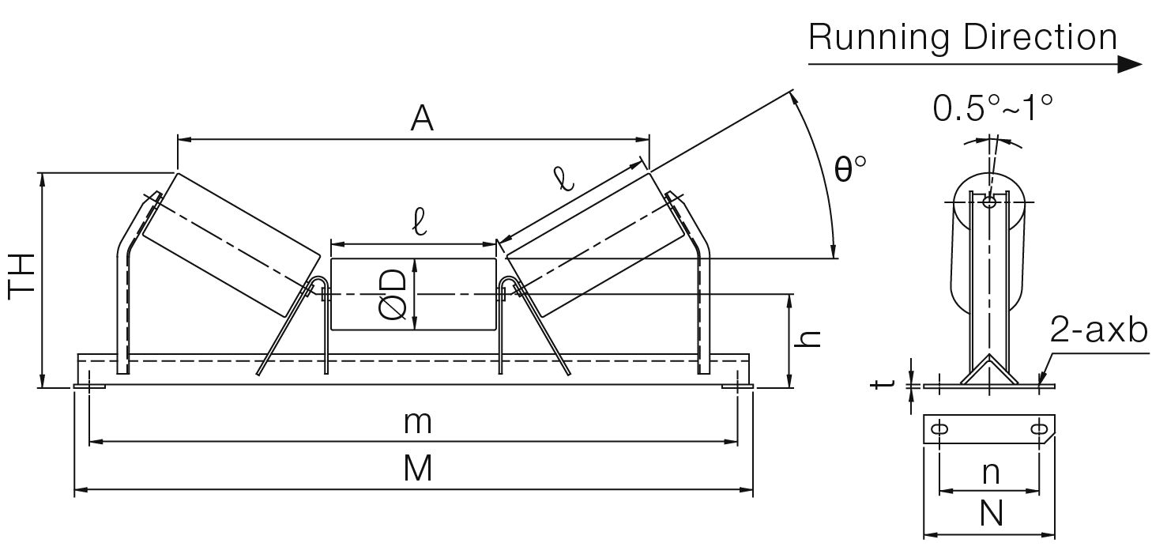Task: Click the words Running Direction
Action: tap(962, 38)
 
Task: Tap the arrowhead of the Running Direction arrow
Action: tap(1131, 65)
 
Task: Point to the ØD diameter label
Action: tap(393, 294)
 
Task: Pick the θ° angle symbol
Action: tap(850, 169)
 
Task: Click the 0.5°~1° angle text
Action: tap(992, 107)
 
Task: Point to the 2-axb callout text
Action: tap(1098, 332)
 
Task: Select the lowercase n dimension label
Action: tap(990, 473)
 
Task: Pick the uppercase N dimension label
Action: tap(990, 515)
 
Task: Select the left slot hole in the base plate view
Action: tap(940, 430)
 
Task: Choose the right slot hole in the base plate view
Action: tap(1040, 430)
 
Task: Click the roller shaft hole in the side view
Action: tap(989, 202)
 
